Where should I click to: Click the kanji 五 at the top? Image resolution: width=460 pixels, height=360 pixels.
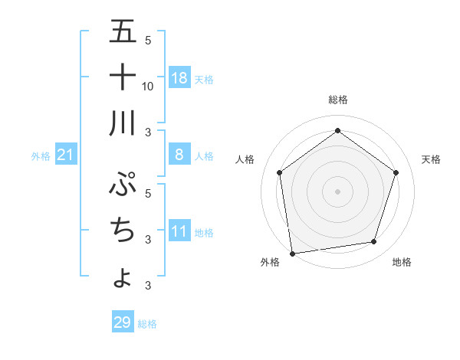[x=123, y=31]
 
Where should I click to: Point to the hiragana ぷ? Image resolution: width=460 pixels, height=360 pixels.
[x=123, y=185]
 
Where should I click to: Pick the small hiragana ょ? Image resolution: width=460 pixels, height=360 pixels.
[x=123, y=278]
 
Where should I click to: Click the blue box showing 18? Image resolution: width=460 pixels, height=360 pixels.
[x=179, y=78]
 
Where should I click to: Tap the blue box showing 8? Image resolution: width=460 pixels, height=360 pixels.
[x=179, y=155]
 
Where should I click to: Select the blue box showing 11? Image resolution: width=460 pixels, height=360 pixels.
[x=179, y=231]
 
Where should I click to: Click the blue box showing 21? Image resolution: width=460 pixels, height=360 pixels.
[x=66, y=155]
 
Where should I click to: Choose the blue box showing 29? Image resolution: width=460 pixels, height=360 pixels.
[x=123, y=322]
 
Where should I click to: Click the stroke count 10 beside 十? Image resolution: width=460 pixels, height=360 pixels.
[x=148, y=86]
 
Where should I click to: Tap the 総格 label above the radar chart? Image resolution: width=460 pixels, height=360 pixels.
[x=337, y=100]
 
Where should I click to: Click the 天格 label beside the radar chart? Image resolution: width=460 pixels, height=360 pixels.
[x=432, y=159]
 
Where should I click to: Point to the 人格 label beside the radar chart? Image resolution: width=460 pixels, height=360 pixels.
[x=245, y=159]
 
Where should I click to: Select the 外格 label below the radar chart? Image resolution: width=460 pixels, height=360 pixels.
[x=269, y=262]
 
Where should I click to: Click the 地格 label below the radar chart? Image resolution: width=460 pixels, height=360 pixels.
[x=402, y=262]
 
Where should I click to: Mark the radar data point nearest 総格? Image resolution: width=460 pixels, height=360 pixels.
[x=337, y=130]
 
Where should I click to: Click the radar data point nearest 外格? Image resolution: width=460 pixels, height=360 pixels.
[x=292, y=253]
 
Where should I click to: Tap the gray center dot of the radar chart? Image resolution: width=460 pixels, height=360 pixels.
[x=337, y=191]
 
